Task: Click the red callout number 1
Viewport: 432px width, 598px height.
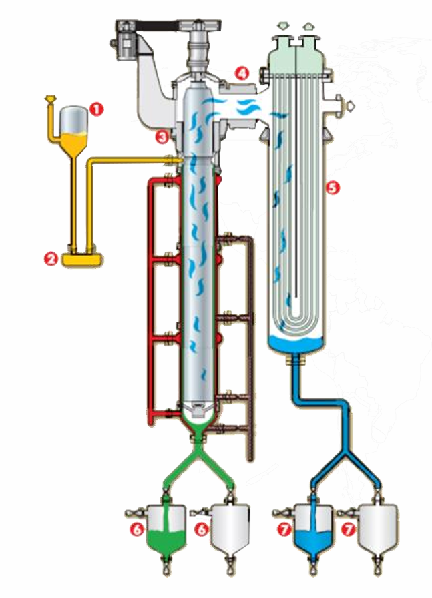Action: click(96, 110)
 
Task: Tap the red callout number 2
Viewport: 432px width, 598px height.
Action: click(50, 259)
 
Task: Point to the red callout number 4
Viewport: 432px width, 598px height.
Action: click(242, 73)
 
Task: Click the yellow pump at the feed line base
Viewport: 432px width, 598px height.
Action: click(82, 259)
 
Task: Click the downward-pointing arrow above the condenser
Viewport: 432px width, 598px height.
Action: click(283, 26)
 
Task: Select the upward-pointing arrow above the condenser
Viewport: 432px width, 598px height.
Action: click(308, 26)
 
